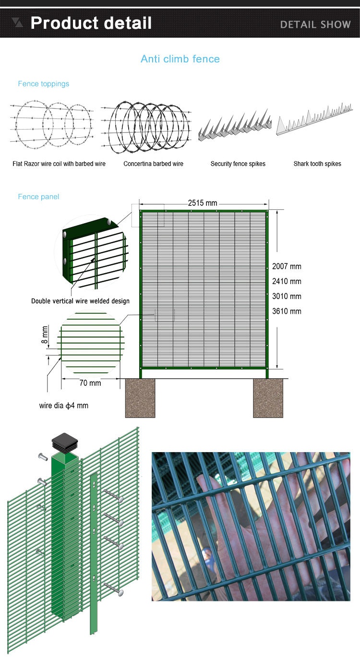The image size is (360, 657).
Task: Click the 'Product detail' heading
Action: [x=91, y=23]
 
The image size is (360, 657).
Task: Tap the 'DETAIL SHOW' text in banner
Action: [x=315, y=24]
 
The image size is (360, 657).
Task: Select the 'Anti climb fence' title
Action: [x=180, y=59]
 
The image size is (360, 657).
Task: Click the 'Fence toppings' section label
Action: [x=43, y=84]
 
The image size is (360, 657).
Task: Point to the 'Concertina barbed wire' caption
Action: [x=153, y=164]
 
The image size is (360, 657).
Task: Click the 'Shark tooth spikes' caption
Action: [x=317, y=164]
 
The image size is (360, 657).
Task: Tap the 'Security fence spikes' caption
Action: [x=238, y=164]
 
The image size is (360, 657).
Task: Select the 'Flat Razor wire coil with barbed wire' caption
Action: [x=59, y=164]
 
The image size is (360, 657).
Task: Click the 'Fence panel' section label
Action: [x=38, y=197]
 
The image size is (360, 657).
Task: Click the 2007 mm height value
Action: [x=287, y=266]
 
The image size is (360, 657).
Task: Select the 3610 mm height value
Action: [x=287, y=311]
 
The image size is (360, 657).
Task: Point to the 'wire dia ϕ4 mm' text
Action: [x=64, y=406]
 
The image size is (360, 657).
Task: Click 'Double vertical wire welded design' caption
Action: [x=80, y=301]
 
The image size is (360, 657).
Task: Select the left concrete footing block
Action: [x=140, y=398]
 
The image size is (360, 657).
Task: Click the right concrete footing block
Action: [x=268, y=398]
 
